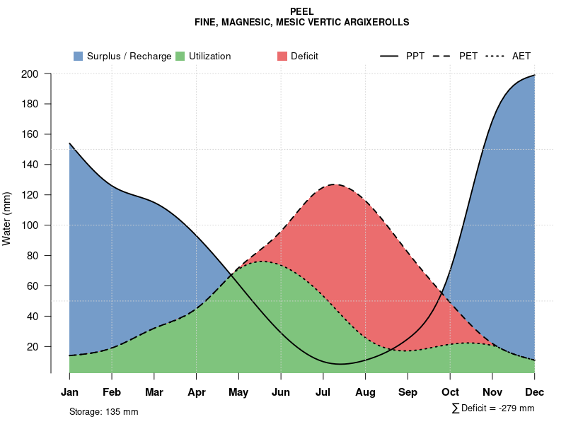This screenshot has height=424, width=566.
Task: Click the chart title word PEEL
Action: click(302, 11)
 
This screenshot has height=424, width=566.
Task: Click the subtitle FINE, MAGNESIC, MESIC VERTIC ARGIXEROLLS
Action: click(302, 22)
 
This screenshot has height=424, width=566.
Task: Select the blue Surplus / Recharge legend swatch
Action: click(78, 56)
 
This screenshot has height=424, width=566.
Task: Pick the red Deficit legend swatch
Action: click(282, 56)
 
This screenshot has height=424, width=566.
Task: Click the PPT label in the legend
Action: click(415, 56)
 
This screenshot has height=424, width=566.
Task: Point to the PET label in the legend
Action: click(468, 56)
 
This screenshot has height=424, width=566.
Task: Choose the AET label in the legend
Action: click(521, 56)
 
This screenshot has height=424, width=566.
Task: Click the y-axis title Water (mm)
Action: click(7, 218)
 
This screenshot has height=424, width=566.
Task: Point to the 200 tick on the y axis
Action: click(30, 73)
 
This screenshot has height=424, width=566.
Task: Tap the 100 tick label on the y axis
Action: click(30, 225)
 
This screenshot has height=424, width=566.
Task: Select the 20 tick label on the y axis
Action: click(33, 347)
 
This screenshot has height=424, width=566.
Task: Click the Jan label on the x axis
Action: click(69, 392)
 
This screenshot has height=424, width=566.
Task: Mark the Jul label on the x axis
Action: click(323, 392)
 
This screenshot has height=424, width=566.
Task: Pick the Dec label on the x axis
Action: click(534, 392)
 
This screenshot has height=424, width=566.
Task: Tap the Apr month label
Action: click(197, 392)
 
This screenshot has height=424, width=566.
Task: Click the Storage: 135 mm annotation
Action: click(103, 411)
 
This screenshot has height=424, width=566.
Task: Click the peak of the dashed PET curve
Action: click(333, 184)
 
